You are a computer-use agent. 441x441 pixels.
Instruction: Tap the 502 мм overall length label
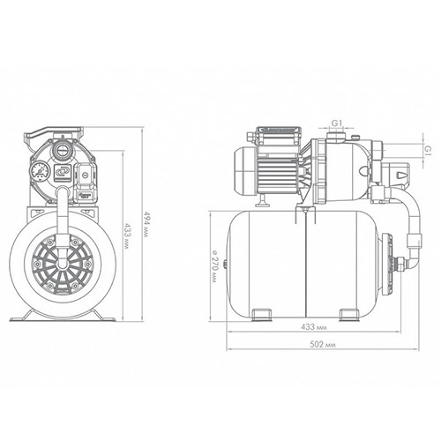(x=323, y=344)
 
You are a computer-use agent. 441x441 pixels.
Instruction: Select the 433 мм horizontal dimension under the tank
(x=314, y=326)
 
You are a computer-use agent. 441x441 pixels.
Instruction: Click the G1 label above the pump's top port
(x=337, y=123)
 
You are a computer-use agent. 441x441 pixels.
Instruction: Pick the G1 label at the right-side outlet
(x=428, y=150)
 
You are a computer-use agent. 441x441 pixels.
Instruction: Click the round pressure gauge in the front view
(x=39, y=171)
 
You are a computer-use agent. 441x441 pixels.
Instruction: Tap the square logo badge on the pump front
(x=62, y=172)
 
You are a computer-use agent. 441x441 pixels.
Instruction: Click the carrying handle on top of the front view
(x=53, y=133)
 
